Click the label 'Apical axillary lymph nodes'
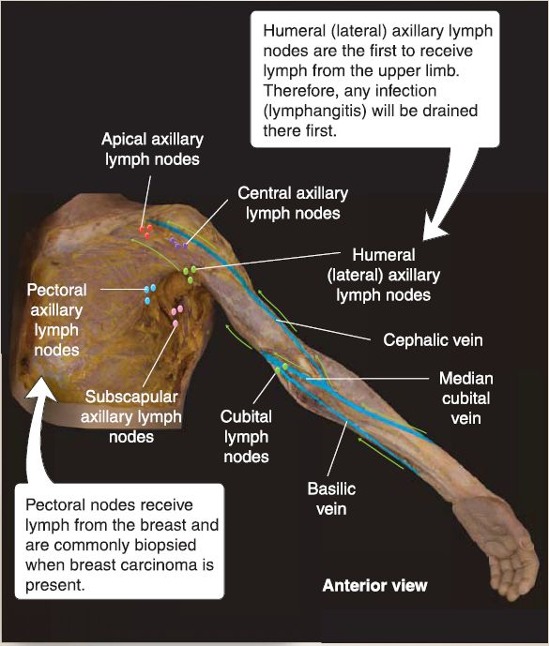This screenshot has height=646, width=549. pos(152,149)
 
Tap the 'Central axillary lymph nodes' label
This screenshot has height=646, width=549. pos(293,203)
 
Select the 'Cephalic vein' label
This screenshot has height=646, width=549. pos(433,340)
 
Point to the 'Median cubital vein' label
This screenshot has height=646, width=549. pos(466,398)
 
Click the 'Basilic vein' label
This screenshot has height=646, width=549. pos(331,499)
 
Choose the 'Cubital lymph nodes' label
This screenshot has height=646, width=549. pos(246,437)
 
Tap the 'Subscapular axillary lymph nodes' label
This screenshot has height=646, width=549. pos(131,416)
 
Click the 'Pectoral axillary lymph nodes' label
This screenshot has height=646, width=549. pos(56,320)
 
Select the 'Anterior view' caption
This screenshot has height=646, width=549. pos(375,585)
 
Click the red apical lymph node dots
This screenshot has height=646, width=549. pos(145,232)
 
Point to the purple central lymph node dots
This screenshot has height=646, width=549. pos(178,244)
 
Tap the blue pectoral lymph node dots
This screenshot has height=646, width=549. pos(150,294)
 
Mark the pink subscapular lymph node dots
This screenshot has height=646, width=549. pos(177,315)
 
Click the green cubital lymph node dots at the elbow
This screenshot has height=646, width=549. pos(282,368)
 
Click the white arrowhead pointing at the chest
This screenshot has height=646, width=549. pos(41,388)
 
